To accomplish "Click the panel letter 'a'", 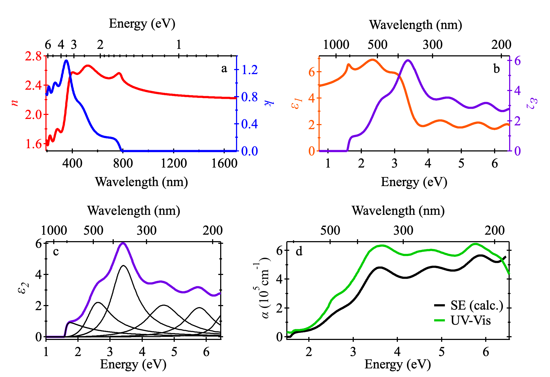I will (224, 69).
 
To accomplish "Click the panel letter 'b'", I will (496, 69).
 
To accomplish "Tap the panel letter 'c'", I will (56, 252).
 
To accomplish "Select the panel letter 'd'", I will (299, 252).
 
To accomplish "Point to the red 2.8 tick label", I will (34, 56).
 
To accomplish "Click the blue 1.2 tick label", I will (249, 70).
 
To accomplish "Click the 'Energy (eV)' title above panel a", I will (142, 24).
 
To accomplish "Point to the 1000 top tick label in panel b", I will (336, 44).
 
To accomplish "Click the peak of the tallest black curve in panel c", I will (123, 266).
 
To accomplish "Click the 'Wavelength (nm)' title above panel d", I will (398, 211).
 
